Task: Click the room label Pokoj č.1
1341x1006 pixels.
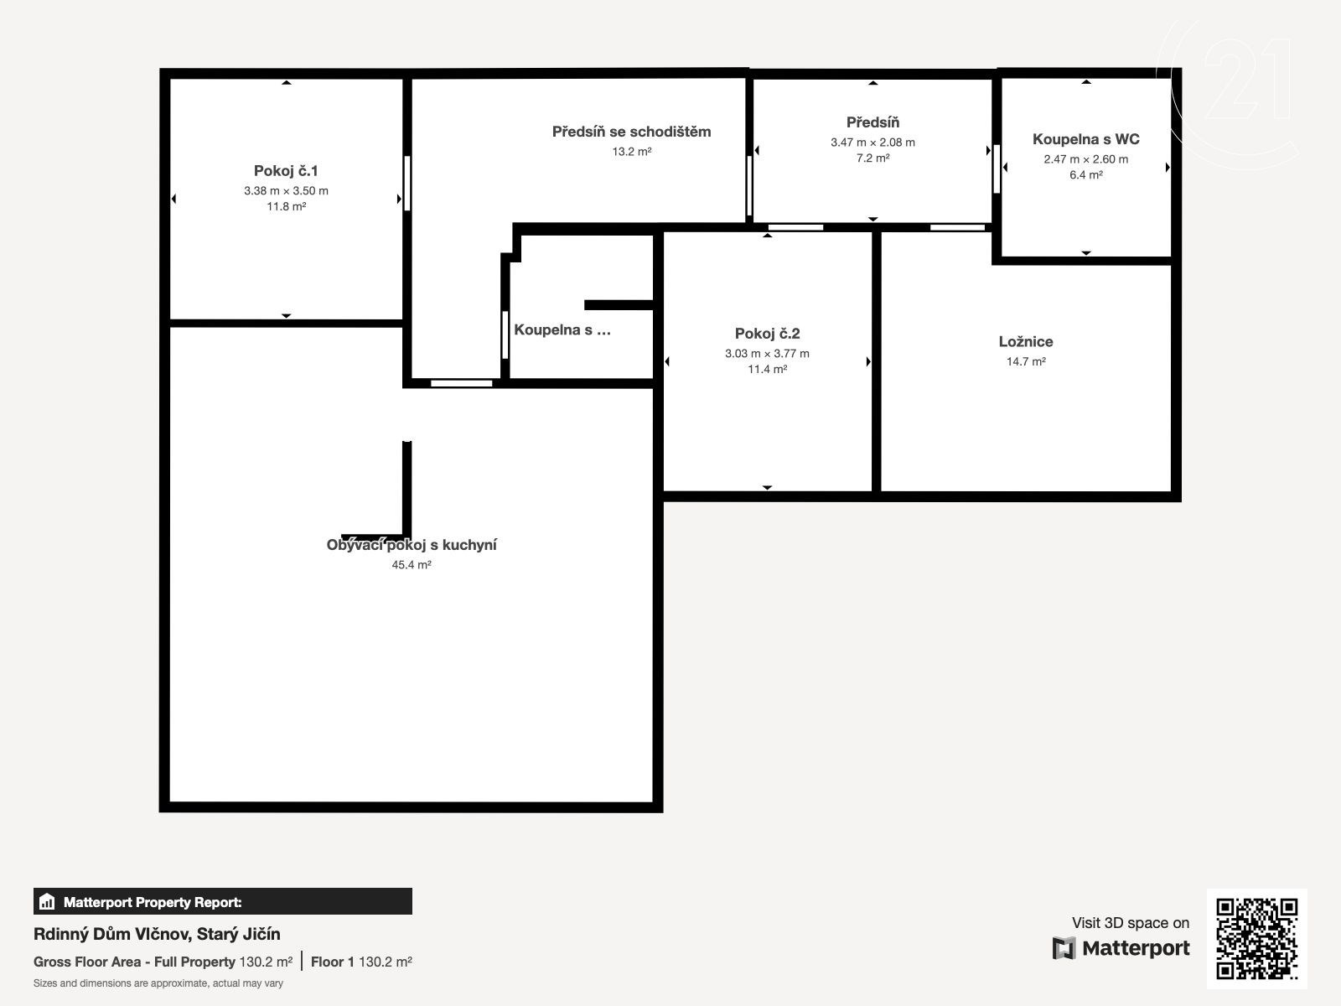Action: tap(286, 171)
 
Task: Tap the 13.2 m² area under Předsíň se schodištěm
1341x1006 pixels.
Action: tap(632, 152)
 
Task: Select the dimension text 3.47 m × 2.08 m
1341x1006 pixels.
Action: tap(872, 143)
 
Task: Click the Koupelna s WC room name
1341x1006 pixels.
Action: tap(1085, 139)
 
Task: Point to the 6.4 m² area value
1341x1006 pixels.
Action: tap(1085, 174)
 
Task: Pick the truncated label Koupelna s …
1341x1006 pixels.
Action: tap(562, 329)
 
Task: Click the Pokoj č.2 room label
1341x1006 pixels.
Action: tap(767, 334)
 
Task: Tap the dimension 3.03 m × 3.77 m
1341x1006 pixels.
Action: tap(767, 354)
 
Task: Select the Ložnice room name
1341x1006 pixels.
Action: tap(1026, 341)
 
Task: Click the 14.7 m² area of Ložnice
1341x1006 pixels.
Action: tap(1026, 361)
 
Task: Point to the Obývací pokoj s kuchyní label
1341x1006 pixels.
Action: tap(412, 545)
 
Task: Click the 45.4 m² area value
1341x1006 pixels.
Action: tap(412, 565)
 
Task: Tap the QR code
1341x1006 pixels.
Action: tap(1256, 939)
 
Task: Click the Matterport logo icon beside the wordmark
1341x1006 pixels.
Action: tap(1064, 948)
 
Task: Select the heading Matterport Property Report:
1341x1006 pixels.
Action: tap(153, 902)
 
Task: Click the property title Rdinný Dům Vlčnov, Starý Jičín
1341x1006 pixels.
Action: tap(157, 934)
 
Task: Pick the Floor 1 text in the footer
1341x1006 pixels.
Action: tap(333, 962)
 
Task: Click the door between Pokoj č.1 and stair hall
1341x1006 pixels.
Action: tap(406, 184)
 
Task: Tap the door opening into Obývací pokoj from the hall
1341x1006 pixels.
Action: tap(461, 384)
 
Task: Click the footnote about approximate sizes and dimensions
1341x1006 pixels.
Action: tap(158, 983)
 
